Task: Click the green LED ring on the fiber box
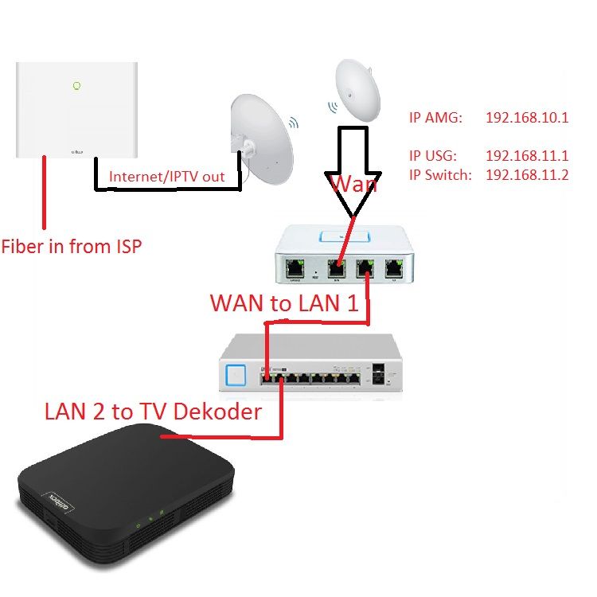tap(76, 85)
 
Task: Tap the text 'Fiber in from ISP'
tap(72, 246)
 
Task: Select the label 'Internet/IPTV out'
tap(166, 177)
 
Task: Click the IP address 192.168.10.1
tap(527, 118)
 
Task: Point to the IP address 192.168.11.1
tap(527, 157)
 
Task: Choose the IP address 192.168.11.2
tap(527, 175)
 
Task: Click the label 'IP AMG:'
tap(435, 118)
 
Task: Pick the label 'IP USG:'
tap(435, 157)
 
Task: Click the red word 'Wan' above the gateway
tap(353, 185)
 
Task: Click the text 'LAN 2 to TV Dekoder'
tap(152, 412)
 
